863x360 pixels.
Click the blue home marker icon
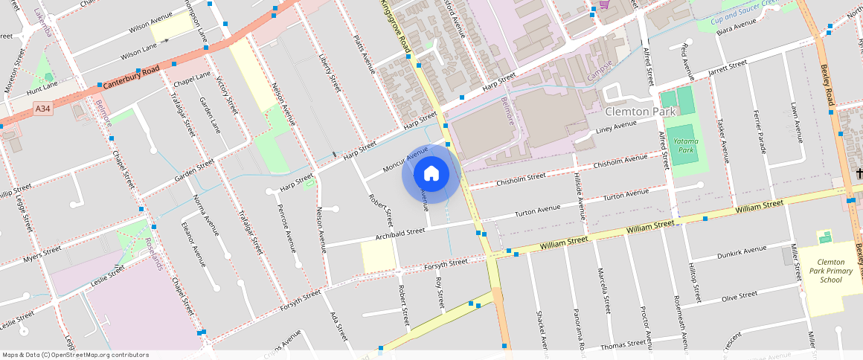[431, 174]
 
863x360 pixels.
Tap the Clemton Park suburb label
[640, 112]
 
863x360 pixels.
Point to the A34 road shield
[43, 109]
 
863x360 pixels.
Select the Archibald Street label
[400, 234]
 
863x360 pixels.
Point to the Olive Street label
[740, 296]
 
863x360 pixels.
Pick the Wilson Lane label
[139, 48]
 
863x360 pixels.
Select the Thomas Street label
[623, 344]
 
